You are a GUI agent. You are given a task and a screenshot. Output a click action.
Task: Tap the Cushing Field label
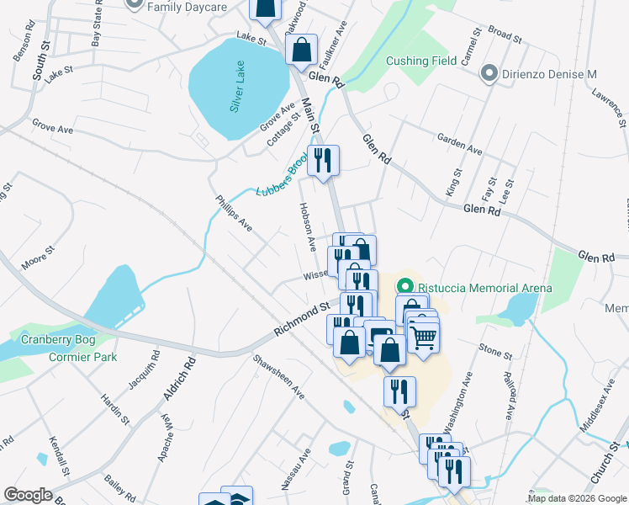pos(421,61)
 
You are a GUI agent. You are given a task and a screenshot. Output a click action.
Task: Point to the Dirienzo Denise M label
pos(550,74)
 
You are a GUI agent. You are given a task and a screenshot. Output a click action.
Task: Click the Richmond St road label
pos(301,321)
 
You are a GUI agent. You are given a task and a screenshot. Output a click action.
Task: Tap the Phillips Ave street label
pos(235,214)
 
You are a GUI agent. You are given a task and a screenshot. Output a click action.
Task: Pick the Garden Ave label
pos(459,144)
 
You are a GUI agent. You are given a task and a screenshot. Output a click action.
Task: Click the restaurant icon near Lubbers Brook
pos(323,159)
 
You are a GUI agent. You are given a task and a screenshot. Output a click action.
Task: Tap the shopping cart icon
pos(424,337)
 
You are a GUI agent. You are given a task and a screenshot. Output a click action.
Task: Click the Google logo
pos(29,495)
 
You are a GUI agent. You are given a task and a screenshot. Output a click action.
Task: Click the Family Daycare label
pos(187,7)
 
